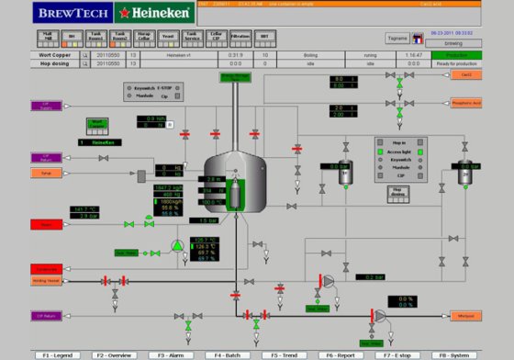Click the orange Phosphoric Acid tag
[x=465, y=103]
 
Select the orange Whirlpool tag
[x=466, y=316]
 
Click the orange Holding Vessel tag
[x=47, y=281]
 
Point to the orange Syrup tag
[x=47, y=172]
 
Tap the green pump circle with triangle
[x=177, y=245]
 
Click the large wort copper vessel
[x=237, y=179]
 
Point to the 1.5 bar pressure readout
[x=205, y=220]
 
